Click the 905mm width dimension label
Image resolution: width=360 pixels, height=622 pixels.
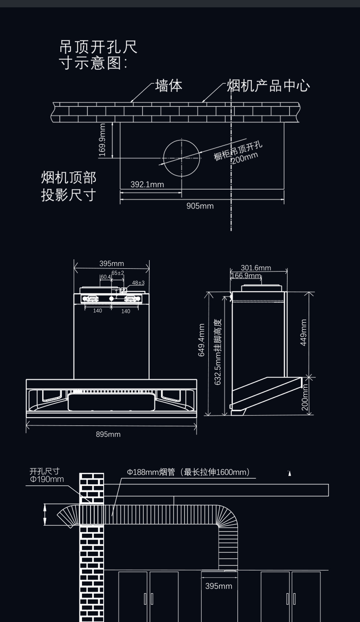click(200, 206)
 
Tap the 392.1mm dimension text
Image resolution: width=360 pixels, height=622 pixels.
click(147, 184)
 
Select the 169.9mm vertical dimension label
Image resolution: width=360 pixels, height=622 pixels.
click(102, 140)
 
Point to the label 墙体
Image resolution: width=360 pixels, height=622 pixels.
click(169, 86)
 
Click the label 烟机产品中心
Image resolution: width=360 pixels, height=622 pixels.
click(268, 86)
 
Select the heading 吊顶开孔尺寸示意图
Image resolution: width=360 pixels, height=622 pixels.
click(98, 55)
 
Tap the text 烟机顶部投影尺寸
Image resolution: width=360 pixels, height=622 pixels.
click(69, 186)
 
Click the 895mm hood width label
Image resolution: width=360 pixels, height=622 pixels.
click(108, 434)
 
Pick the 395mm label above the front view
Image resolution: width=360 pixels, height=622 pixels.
click(111, 264)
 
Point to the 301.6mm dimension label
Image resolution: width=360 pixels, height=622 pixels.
click(256, 268)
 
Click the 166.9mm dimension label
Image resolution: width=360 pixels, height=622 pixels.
click(246, 276)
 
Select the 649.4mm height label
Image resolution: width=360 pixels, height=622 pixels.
click(202, 340)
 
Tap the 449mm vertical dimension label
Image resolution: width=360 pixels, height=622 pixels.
click(303, 332)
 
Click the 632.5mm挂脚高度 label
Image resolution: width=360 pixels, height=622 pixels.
click(218, 352)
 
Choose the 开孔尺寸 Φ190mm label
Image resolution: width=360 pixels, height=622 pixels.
click(46, 475)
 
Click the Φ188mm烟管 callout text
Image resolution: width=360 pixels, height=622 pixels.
click(188, 472)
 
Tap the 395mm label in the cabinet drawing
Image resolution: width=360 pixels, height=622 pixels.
click(219, 586)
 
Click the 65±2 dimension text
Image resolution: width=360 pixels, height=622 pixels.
click(118, 273)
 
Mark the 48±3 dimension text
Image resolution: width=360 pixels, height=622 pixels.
click(138, 283)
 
